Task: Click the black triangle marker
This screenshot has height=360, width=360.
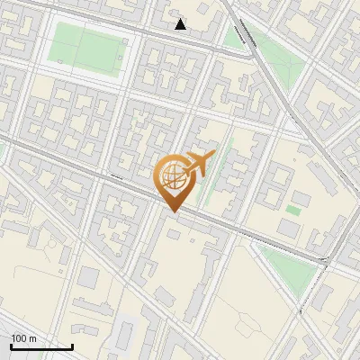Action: point(181,24)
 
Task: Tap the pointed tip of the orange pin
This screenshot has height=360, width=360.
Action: point(172,211)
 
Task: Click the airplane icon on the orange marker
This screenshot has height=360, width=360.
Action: point(197,164)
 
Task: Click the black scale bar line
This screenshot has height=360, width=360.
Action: point(41,346)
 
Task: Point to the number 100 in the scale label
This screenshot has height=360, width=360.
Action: point(17,338)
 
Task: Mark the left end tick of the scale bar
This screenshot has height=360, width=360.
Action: point(11,346)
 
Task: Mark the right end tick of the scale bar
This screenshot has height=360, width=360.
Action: point(72,346)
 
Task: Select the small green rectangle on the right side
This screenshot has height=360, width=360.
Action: point(293,210)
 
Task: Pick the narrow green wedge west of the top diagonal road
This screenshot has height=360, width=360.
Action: point(239,34)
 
